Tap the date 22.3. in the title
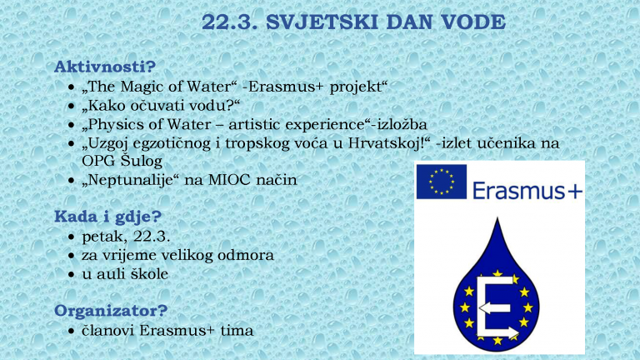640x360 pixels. tap(230, 22)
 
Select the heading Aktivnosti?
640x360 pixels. tap(105, 67)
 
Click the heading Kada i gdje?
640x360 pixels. tap(107, 217)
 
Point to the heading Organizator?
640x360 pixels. tap(111, 311)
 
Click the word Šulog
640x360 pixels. tap(142, 160)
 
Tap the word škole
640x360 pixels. tap(147, 274)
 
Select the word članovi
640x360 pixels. tap(108, 330)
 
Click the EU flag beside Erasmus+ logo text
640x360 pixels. tap(441, 182)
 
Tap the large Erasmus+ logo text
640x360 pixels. tap(527, 190)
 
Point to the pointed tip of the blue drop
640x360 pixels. tap(497, 218)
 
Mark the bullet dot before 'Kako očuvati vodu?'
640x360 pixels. tap(72, 106)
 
